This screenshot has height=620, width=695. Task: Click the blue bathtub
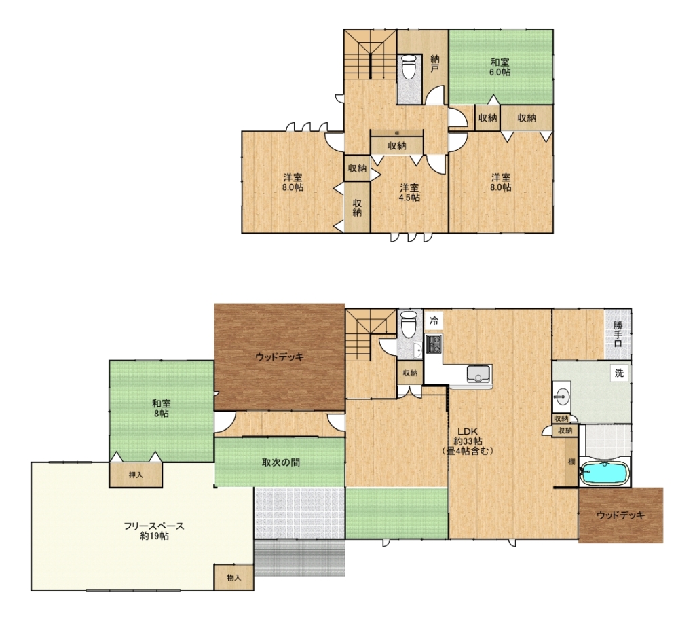tap(605, 473)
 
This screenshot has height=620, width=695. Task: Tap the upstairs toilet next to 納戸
tap(409, 67)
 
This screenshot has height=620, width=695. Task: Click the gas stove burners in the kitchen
tap(434, 344)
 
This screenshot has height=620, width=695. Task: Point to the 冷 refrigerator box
tap(434, 321)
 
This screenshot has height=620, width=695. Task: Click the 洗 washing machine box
tap(619, 373)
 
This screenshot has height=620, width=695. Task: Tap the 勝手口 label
tap(618, 334)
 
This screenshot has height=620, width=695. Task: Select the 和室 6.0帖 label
tap(500, 67)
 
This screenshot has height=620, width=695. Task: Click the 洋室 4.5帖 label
tap(409, 192)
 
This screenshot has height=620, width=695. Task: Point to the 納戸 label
tap(435, 63)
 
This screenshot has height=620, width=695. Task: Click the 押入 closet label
tap(136, 475)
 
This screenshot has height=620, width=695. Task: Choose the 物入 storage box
tap(234, 577)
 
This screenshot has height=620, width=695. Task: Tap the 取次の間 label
tap(280, 462)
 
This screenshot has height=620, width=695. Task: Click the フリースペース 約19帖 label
tap(154, 531)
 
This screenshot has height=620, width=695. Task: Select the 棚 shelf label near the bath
tap(571, 462)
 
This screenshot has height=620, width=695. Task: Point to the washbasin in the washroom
tap(563, 395)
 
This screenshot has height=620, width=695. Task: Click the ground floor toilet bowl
tap(409, 325)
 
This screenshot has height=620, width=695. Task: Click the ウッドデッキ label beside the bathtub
tap(620, 515)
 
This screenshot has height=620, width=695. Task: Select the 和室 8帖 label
tap(162, 408)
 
